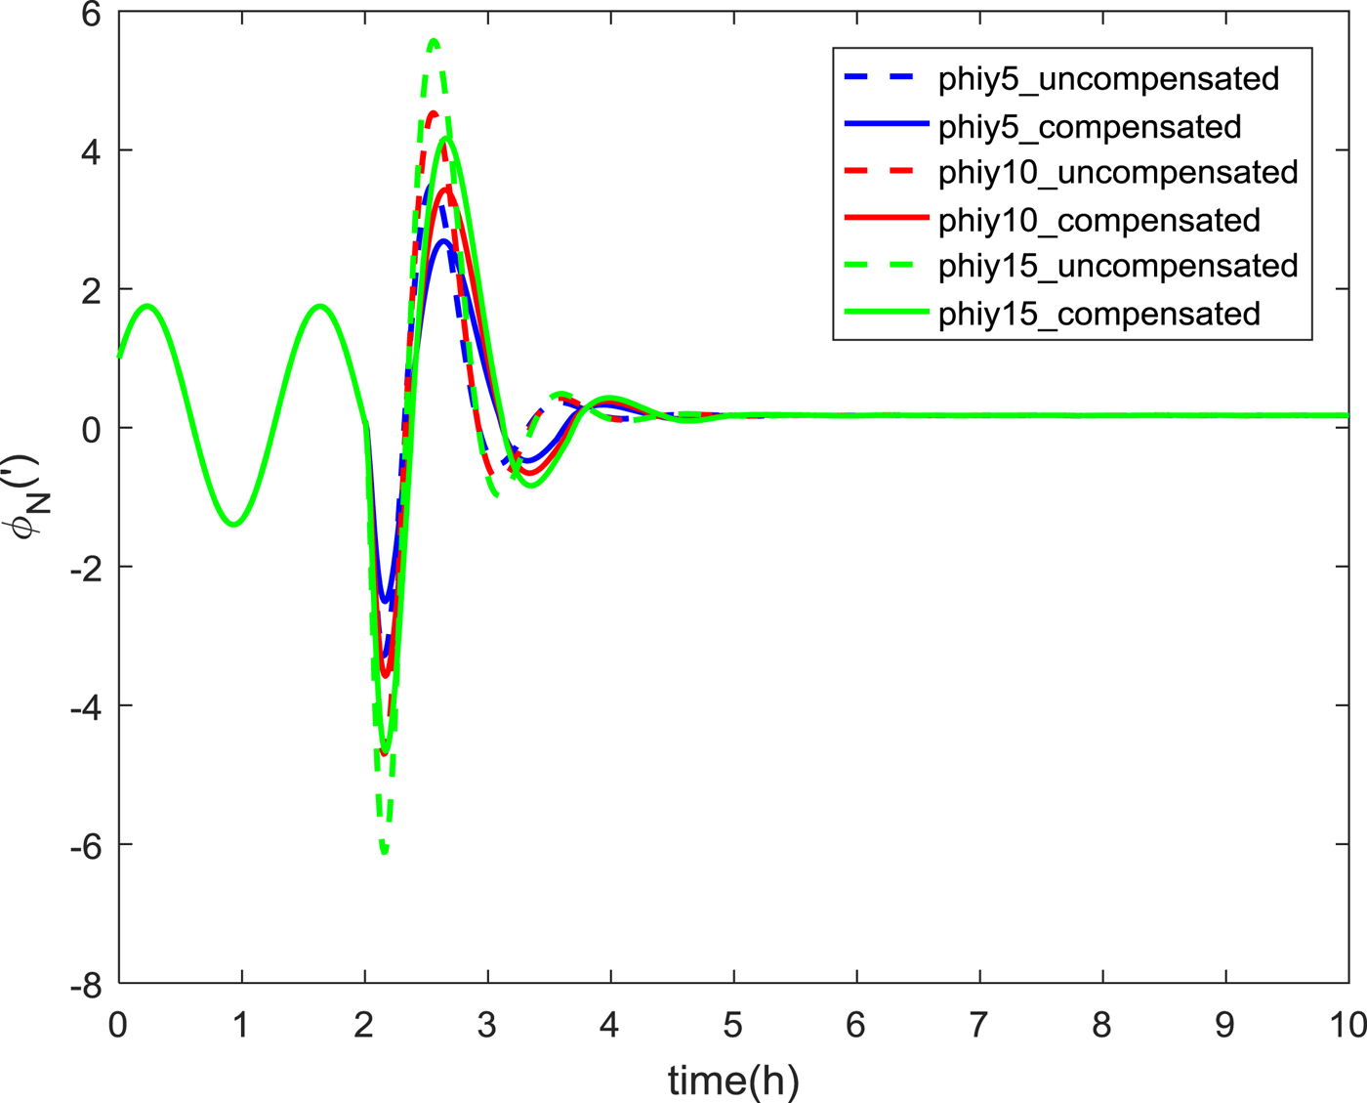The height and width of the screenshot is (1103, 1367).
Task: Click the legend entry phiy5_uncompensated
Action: [x=1108, y=79]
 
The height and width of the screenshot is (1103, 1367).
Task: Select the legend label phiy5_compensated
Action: [x=1090, y=127]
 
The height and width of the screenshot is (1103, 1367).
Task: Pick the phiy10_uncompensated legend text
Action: [x=1118, y=173]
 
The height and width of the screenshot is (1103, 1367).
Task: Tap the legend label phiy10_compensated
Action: [x=1099, y=221]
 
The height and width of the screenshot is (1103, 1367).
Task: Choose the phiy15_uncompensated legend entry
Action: [x=1118, y=267]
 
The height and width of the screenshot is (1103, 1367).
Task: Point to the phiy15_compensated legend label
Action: [x=1099, y=315]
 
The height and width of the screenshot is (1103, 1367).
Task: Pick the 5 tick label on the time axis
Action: [x=733, y=1025]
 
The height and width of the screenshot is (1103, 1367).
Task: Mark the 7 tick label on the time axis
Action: [x=979, y=1025]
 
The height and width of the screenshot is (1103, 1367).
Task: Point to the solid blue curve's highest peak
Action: [x=443, y=240]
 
